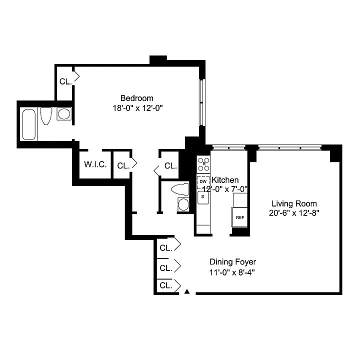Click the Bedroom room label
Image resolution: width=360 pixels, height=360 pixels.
coord(137,98)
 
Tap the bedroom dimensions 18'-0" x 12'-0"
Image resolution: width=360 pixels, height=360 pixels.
coord(137,108)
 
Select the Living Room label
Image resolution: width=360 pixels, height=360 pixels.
coord(294,203)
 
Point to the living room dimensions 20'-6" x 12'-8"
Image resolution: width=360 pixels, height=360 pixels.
coord(294,213)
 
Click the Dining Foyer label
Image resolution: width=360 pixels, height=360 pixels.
coord(232,262)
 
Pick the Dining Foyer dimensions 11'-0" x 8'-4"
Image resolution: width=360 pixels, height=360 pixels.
coord(232,272)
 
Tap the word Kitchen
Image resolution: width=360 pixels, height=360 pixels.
coord(225,180)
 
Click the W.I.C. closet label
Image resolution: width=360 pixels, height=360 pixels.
coord(95,164)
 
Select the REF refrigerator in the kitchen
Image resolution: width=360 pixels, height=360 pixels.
coord(239,217)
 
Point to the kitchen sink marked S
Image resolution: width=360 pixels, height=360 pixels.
coord(203,197)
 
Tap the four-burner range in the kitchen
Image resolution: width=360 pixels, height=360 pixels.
coord(203,164)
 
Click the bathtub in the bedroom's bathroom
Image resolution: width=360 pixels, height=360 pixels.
coord(29,124)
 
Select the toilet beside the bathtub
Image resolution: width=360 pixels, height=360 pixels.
coord(46,116)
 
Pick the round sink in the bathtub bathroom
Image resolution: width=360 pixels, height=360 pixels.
coord(64,114)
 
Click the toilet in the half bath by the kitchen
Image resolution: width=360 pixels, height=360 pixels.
coord(180,189)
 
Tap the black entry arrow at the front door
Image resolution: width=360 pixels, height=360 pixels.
coord(187,291)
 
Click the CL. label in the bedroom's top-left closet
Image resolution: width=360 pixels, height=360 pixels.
coord(65,81)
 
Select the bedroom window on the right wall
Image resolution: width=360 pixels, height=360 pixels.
coord(202,102)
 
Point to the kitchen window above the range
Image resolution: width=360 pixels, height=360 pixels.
coord(228,147)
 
